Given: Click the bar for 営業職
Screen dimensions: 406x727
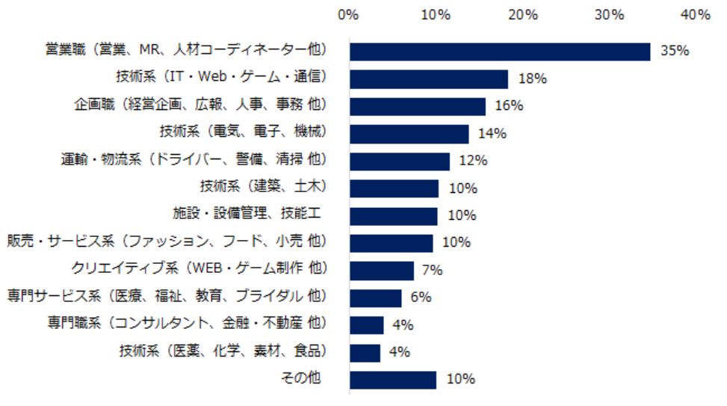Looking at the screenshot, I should (x=500, y=51).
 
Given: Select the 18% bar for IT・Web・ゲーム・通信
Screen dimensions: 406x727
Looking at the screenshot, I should (x=429, y=79).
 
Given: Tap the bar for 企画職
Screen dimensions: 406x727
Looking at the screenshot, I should (x=418, y=106).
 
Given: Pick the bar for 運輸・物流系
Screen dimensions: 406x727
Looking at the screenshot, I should (x=400, y=161).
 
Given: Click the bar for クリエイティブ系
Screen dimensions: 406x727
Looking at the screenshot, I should (x=382, y=270).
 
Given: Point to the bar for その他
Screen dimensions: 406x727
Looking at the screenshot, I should (x=393, y=379).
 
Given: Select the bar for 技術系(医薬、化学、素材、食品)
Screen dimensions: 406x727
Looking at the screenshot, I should (x=365, y=352).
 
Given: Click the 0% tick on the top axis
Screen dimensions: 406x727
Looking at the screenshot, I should (x=349, y=14).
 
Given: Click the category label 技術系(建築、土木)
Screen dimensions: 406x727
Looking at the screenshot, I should (x=264, y=188).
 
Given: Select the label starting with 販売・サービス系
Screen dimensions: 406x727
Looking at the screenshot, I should (x=168, y=242).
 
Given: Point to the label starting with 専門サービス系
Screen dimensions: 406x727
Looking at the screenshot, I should (x=168, y=297).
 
